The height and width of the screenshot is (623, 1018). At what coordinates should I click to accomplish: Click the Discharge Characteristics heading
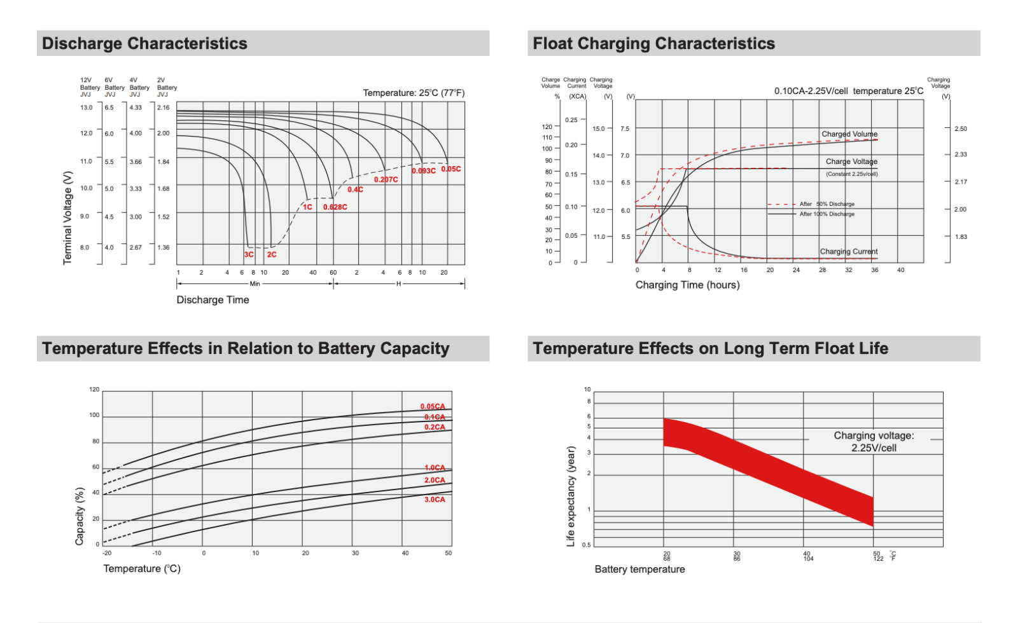click(x=144, y=43)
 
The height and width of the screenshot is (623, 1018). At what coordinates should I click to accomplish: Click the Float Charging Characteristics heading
click(x=653, y=43)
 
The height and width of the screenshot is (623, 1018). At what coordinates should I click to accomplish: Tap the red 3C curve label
click(x=249, y=254)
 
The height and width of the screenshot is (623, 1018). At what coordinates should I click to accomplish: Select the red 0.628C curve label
click(x=335, y=207)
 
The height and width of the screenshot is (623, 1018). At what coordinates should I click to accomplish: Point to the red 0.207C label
click(x=386, y=180)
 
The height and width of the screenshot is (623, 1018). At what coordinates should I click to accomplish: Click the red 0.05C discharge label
click(x=450, y=169)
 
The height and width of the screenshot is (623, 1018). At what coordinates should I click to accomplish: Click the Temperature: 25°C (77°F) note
click(x=414, y=93)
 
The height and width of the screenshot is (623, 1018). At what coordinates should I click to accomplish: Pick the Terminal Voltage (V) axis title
click(x=67, y=217)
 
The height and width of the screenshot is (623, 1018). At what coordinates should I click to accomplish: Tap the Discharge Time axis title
click(x=213, y=300)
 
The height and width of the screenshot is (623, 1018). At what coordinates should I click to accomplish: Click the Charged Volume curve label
click(x=849, y=134)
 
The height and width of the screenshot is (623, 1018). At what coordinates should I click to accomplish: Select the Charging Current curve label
click(x=848, y=252)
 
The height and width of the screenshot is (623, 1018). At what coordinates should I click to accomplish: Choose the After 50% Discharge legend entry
click(x=826, y=204)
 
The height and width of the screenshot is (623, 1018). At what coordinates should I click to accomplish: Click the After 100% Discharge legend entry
click(x=826, y=214)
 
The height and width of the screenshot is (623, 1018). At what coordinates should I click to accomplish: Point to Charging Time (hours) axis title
click(x=687, y=285)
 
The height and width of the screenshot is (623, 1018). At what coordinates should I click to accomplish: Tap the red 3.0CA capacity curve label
click(x=435, y=500)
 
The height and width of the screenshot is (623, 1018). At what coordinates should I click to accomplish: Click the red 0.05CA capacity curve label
click(x=433, y=407)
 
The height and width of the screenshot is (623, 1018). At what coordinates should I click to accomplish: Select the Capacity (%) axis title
click(x=80, y=516)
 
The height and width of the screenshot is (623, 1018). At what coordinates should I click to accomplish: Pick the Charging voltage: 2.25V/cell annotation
click(x=874, y=442)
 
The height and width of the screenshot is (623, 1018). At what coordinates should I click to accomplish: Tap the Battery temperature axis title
click(x=639, y=570)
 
